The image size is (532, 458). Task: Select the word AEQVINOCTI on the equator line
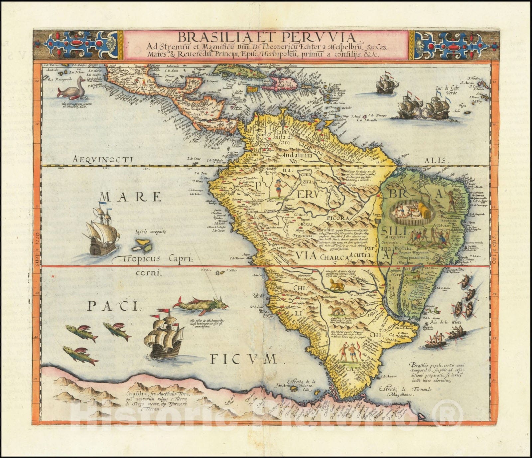point(102,160)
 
